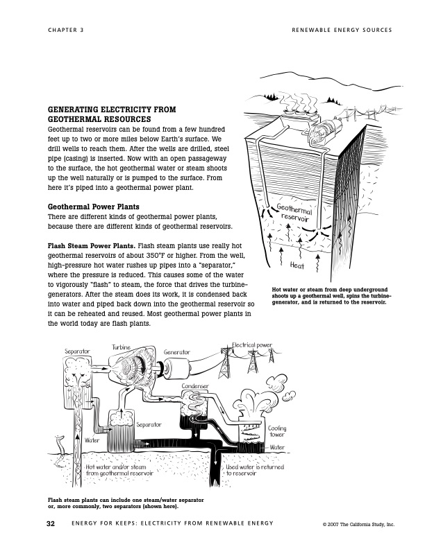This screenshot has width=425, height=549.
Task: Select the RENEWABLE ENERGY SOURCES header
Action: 342,30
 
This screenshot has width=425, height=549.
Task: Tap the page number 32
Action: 51,523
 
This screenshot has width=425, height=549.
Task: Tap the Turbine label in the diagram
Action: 122,347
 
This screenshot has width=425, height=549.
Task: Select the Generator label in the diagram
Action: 177,352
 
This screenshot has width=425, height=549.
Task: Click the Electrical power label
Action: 253,345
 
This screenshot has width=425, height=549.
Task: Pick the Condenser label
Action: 196,385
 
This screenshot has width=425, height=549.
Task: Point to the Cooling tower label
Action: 277,433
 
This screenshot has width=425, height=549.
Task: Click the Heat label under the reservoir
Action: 297,265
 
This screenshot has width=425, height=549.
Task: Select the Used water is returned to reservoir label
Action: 255,470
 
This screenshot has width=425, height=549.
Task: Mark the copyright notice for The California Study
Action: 358,524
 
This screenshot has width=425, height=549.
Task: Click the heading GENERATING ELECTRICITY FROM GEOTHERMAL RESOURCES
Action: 111,114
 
